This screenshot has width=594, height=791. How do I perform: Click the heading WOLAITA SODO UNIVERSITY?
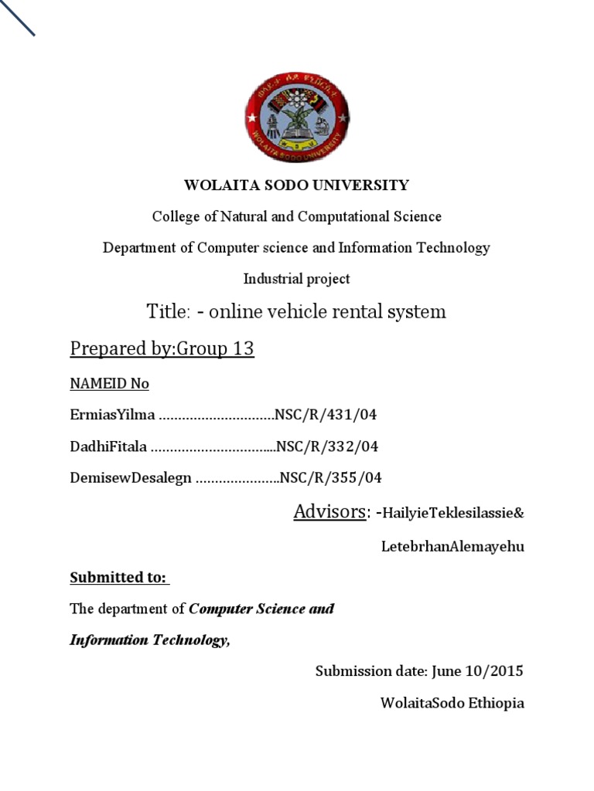point(296,185)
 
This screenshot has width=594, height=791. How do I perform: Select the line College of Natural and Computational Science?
point(296,216)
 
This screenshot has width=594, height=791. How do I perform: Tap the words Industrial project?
point(296,279)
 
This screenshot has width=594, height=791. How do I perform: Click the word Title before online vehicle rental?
point(167,312)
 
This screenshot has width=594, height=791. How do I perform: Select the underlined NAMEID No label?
point(109,383)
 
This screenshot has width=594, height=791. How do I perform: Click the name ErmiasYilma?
point(112,415)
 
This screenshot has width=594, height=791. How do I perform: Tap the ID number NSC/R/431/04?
point(326,415)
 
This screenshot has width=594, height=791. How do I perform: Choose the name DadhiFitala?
point(108,446)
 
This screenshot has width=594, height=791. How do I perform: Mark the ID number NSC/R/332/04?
point(328,446)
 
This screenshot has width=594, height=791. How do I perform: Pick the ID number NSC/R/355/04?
point(331,477)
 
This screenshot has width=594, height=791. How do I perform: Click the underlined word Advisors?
point(329,511)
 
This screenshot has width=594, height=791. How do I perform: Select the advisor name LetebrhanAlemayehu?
point(452,546)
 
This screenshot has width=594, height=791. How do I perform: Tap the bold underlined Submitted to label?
point(118,577)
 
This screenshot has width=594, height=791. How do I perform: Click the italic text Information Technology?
point(150,640)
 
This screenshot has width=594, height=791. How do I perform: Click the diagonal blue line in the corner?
point(17,18)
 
